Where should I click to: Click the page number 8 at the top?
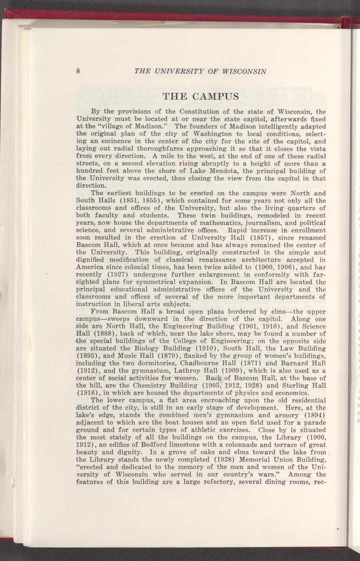[78, 72]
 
